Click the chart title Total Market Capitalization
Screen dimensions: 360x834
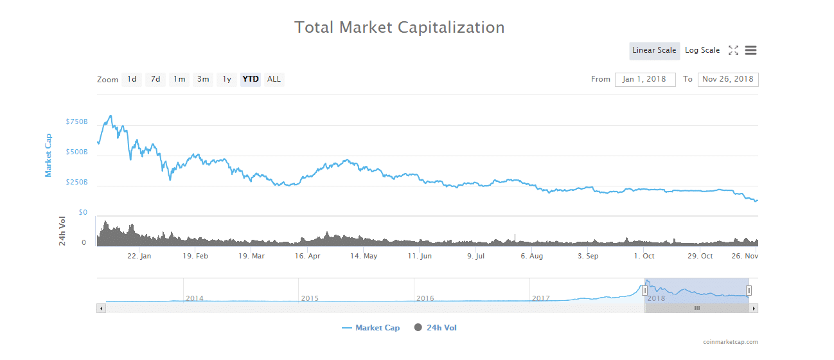click(399, 28)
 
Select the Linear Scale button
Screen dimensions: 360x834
click(654, 51)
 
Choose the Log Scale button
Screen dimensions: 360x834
click(702, 51)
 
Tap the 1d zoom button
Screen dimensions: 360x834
click(132, 80)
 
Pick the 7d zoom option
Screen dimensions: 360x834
click(155, 80)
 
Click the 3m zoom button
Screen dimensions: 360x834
click(203, 80)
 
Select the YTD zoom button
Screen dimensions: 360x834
click(251, 80)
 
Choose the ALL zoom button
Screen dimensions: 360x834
click(274, 80)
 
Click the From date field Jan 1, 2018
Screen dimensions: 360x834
click(645, 80)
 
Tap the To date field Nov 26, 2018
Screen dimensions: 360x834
click(728, 80)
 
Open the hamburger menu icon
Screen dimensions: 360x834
click(750, 51)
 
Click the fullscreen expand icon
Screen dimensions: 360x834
click(733, 51)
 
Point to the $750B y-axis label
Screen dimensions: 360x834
click(76, 122)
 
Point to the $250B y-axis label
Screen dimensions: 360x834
click(76, 183)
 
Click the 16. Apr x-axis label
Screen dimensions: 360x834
click(306, 256)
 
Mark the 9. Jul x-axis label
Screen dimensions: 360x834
click(475, 256)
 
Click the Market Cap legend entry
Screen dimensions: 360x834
click(371, 328)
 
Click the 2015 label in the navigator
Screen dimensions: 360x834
click(310, 298)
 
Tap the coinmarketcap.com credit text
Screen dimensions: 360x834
click(731, 342)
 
